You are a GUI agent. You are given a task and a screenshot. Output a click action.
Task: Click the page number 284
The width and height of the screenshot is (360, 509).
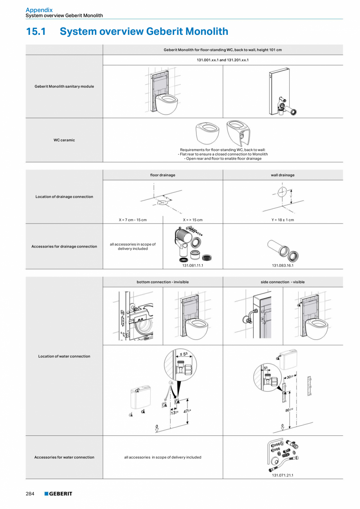click(x=30, y=494)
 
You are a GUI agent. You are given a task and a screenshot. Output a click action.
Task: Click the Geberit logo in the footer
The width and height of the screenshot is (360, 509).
click(x=58, y=494)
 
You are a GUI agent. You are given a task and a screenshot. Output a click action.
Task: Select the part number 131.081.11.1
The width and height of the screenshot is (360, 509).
click(x=193, y=265)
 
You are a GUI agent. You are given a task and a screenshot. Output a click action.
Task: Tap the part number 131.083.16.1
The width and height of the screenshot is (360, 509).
click(x=283, y=265)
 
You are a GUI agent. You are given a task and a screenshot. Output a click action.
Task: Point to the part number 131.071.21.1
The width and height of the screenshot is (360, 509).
click(x=283, y=475)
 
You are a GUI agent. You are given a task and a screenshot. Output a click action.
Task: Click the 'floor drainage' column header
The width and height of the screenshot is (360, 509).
click(x=162, y=175)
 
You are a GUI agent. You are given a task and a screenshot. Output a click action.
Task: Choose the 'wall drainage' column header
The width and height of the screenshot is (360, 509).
click(x=283, y=175)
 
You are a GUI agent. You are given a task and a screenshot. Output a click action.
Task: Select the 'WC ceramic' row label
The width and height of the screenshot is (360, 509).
click(x=64, y=140)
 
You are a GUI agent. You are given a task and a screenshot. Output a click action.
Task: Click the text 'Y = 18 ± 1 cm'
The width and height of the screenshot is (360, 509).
click(x=283, y=220)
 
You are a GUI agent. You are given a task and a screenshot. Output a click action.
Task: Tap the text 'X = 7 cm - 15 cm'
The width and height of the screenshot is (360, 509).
click(x=133, y=220)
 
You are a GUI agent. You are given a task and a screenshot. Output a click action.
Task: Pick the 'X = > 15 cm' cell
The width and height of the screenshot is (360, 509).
click(x=193, y=220)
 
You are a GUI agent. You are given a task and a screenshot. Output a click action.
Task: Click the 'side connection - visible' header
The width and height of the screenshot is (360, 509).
click(x=283, y=282)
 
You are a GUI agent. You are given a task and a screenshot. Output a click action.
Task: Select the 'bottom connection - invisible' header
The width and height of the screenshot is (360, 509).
click(x=162, y=282)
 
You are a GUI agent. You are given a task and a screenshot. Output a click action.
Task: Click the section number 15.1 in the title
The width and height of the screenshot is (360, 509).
click(x=36, y=31)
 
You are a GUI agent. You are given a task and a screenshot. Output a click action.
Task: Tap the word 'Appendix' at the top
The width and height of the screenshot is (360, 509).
click(x=39, y=10)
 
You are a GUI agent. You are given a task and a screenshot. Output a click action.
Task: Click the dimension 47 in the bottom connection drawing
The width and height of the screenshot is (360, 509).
click(x=186, y=411)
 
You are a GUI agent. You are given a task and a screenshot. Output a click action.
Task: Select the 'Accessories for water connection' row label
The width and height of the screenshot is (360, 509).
click(x=64, y=457)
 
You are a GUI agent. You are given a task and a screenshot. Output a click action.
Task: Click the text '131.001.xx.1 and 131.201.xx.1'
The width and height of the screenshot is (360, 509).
click(x=223, y=60)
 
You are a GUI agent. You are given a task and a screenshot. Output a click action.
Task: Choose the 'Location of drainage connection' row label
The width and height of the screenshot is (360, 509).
click(x=64, y=197)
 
